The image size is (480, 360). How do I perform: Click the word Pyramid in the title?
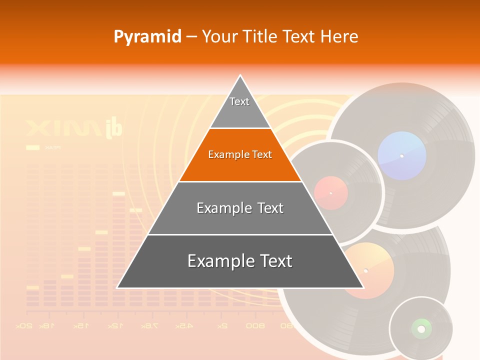[x=147, y=37]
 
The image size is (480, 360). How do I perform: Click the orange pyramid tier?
[x=240, y=155]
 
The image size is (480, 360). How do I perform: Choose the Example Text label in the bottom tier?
[x=240, y=261]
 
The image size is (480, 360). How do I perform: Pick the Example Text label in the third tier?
[x=240, y=208]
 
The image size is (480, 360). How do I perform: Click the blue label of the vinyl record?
[x=402, y=155]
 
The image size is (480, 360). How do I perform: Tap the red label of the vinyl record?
[x=330, y=193]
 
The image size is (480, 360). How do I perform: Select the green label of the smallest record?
[x=421, y=328]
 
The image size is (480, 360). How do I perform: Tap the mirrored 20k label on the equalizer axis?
[x=24, y=326]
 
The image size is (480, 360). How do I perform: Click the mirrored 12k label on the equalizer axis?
[x=114, y=326]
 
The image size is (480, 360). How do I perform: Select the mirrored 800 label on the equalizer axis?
[x=255, y=326]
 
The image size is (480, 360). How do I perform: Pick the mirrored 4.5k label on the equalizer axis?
[x=184, y=326]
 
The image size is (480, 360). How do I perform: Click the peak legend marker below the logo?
[x=32, y=147]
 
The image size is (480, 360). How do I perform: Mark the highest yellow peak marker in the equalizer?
[x=118, y=193]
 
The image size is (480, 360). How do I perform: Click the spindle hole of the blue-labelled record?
[x=401, y=156]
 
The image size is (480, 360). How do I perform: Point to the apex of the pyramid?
[x=240, y=76]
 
